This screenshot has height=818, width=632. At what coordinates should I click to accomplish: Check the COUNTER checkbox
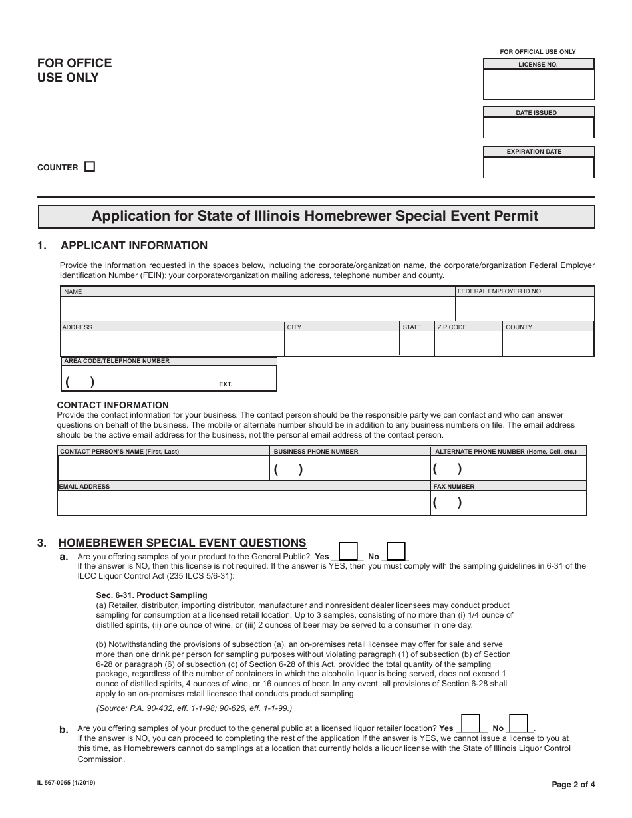coord(90,167)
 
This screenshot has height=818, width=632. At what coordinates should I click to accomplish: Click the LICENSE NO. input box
coord(538,84)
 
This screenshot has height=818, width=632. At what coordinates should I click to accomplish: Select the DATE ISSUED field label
coord(536,113)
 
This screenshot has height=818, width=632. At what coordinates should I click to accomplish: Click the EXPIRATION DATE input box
coord(538,167)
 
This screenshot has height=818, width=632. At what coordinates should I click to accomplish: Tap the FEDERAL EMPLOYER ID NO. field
coord(524,309)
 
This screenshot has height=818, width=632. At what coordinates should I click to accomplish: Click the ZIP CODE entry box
coord(467,343)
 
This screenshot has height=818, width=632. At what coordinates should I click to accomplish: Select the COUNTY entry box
coord(548,343)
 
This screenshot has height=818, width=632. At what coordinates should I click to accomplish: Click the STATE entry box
coord(416,343)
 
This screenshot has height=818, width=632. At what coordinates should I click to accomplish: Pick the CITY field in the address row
coord(341,343)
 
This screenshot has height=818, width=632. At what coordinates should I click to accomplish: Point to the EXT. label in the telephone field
coord(226,385)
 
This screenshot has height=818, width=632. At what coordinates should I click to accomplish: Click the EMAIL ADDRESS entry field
coord(243,503)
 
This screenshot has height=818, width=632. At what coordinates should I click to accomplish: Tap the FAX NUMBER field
coord(509,503)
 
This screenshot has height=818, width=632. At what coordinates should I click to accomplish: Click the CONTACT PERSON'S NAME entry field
coord(162,468)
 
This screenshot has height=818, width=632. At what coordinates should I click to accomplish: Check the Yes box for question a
coord(348,551)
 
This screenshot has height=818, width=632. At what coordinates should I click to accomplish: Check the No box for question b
coord(518,723)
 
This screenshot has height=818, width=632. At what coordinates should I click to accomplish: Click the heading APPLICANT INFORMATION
coord(134,246)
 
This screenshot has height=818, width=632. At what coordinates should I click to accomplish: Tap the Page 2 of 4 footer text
coord(573,785)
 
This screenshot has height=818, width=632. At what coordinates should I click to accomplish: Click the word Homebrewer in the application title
coord(329,217)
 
